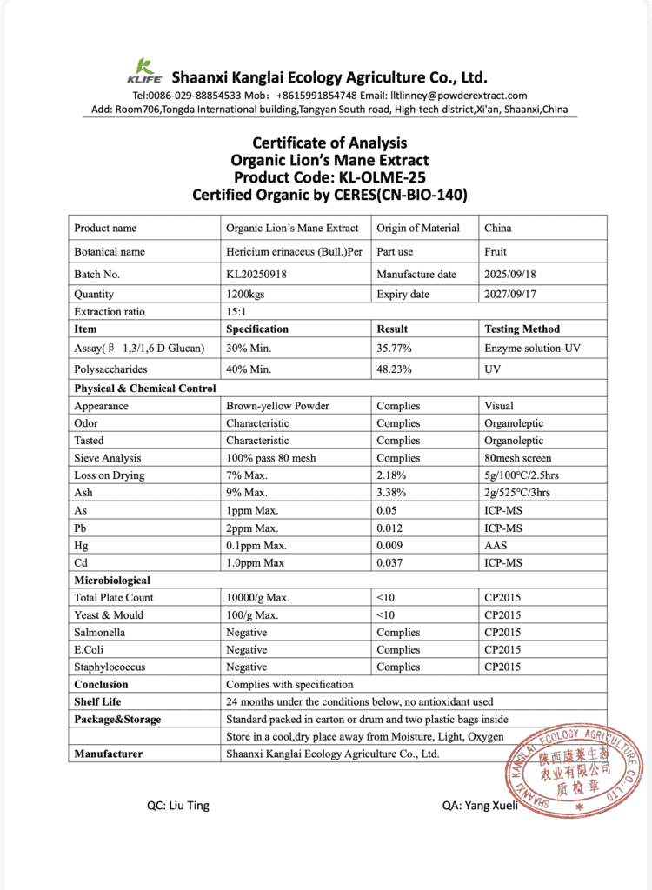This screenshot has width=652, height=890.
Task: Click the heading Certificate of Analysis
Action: click(x=329, y=143)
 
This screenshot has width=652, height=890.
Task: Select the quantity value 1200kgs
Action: click(x=246, y=295)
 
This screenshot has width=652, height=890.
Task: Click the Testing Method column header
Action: click(x=522, y=329)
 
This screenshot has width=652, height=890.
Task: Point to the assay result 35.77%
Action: click(x=396, y=349)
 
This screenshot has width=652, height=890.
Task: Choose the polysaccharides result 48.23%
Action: click(x=396, y=369)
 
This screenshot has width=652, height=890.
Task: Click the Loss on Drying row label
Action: click(x=110, y=475)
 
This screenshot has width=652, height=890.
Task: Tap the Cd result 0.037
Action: click(x=391, y=563)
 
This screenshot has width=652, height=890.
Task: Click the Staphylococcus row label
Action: click(x=110, y=667)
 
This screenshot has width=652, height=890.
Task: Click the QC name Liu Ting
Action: click(x=178, y=806)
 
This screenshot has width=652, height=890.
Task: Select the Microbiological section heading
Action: click(x=112, y=581)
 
